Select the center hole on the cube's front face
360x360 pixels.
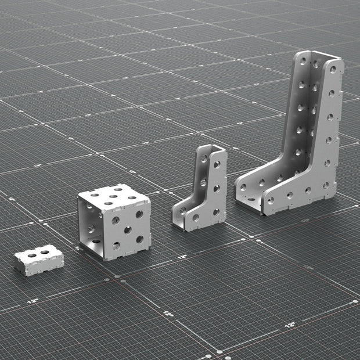pos(127,230)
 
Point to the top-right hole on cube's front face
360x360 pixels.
pos(139,214)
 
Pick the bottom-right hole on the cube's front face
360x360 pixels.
pos(139,239)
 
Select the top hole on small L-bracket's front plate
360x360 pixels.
pos(217,165)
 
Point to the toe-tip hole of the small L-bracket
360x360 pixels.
pos(196,218)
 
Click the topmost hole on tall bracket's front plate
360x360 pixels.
pos(333,69)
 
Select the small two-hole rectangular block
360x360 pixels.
pos(38,259)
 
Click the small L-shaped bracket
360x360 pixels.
pos(201,192)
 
